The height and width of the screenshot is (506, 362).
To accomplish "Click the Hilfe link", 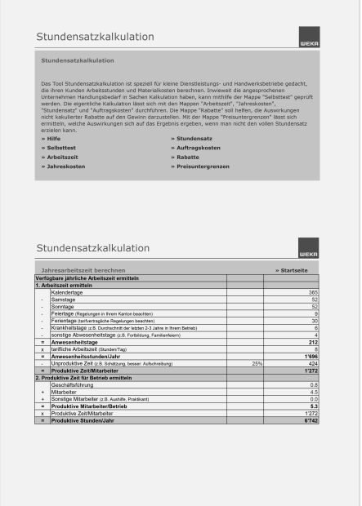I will tap(51, 139).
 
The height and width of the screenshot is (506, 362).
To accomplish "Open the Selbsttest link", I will tap(56, 148).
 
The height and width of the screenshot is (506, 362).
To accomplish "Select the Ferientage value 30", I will tap(314, 321).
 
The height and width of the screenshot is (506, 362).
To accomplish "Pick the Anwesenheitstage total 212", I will tap(313, 342).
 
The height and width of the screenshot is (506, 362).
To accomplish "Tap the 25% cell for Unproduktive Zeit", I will tap(257, 363).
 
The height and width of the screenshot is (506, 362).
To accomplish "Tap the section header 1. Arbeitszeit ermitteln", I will tap(64, 285).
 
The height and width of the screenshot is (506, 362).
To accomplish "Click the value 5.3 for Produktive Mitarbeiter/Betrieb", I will tap(314, 406).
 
